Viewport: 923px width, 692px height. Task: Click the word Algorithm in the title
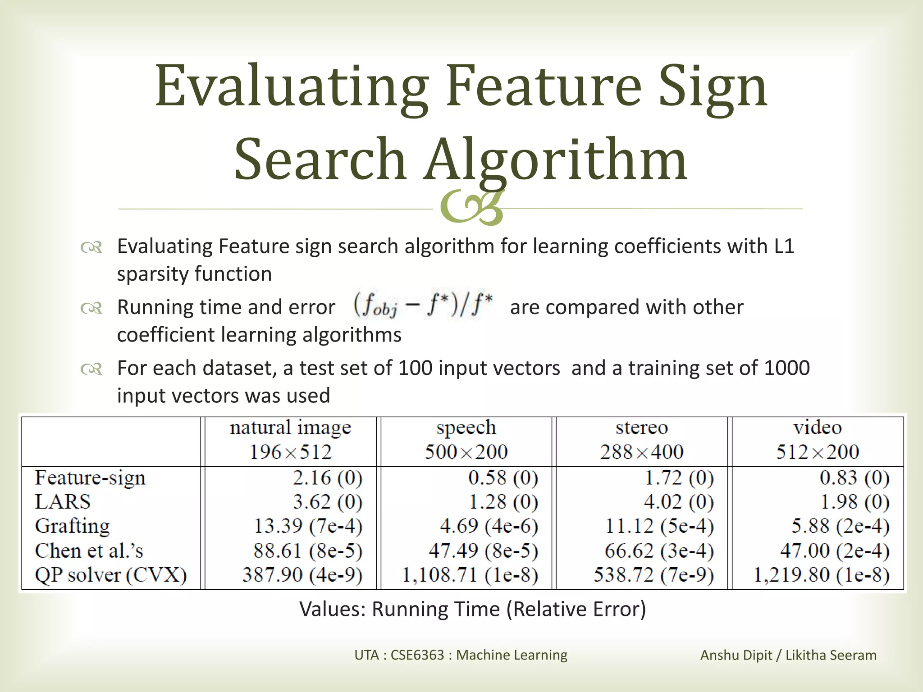555,160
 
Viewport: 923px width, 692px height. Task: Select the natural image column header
290,428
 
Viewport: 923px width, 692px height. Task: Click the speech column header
466,428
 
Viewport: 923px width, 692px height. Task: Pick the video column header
817,428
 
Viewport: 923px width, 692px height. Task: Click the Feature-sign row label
90,478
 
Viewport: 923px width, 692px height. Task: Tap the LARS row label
63,502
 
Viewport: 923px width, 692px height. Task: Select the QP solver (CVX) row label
111,575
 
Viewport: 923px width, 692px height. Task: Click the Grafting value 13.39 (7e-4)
308,526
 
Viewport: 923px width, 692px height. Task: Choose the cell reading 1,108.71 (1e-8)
470,575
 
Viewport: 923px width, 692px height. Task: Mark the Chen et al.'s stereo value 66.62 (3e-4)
659,551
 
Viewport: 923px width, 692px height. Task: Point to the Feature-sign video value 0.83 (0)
854,478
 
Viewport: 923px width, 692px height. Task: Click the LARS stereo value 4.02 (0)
678,502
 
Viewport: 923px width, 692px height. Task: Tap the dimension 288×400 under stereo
641,452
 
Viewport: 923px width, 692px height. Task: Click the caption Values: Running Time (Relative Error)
472,609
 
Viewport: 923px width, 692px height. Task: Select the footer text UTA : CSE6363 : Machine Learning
461,655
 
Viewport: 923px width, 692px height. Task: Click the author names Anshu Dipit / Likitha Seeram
788,655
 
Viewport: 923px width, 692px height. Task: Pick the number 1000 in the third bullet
787,368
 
